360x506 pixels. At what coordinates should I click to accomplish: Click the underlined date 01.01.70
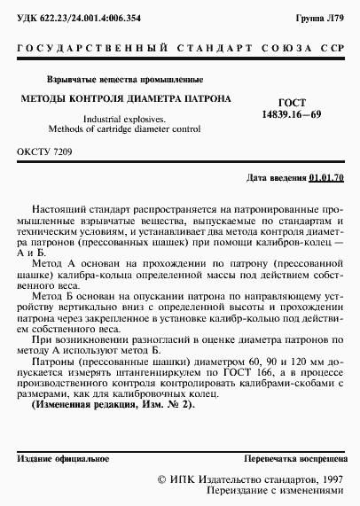click(x=328, y=178)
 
